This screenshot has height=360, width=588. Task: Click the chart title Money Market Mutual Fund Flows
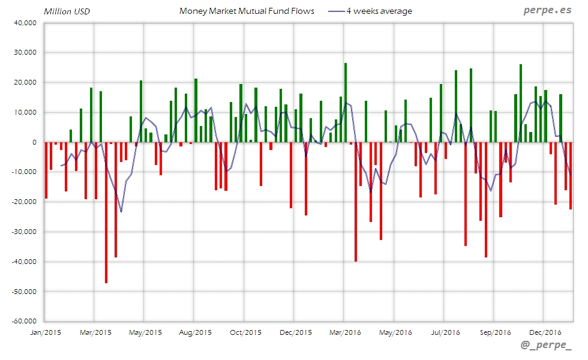pos(247,11)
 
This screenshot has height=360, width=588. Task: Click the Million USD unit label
pos(67,11)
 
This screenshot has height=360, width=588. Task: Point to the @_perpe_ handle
pos(546,346)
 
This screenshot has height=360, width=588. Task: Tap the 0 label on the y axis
pos(35,142)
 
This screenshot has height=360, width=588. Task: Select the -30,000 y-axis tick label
pos(25,232)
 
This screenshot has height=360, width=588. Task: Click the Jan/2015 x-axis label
pos(45,332)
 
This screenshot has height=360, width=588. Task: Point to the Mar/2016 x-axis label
pos(344,332)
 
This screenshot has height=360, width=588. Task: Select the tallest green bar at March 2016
pos(346,103)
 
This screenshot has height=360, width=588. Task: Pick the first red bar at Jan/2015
pos(46,170)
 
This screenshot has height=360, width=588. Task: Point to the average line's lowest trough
pos(121,211)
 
